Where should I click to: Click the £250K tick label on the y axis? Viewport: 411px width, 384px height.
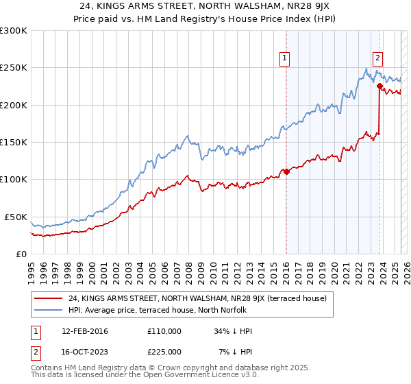[x=14, y=68]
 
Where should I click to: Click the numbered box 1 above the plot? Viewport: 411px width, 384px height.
[x=284, y=59]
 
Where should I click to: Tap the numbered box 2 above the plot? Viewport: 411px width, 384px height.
[x=377, y=59]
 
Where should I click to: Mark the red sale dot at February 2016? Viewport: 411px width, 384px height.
[x=286, y=171]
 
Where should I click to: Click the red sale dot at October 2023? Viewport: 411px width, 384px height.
[x=379, y=86]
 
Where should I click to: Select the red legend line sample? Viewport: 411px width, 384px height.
[x=47, y=298]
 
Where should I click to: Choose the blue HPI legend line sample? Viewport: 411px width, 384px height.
[x=47, y=309]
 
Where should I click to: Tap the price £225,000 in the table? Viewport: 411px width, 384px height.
[x=164, y=351]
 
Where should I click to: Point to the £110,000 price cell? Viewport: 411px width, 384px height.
[x=164, y=331]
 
